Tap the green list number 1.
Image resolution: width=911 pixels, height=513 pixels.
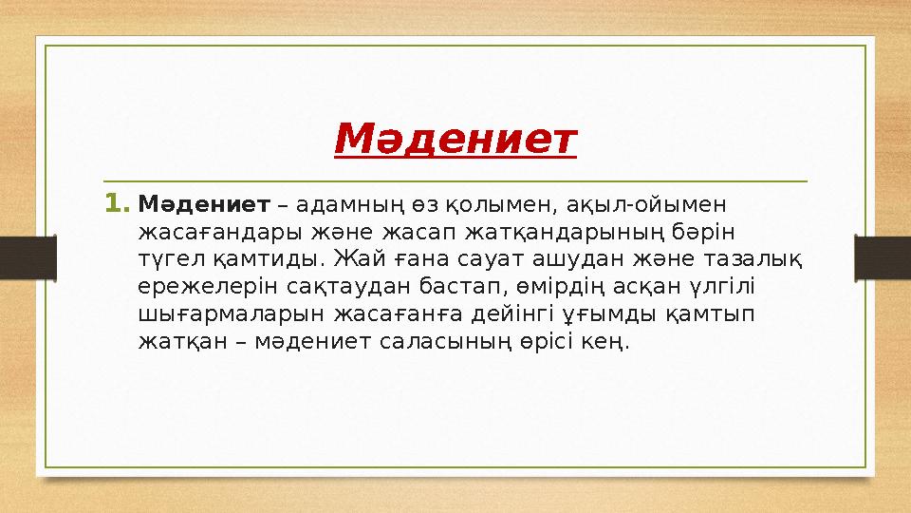pos(117,204)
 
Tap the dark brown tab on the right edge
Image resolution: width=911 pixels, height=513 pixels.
pos(883,256)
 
